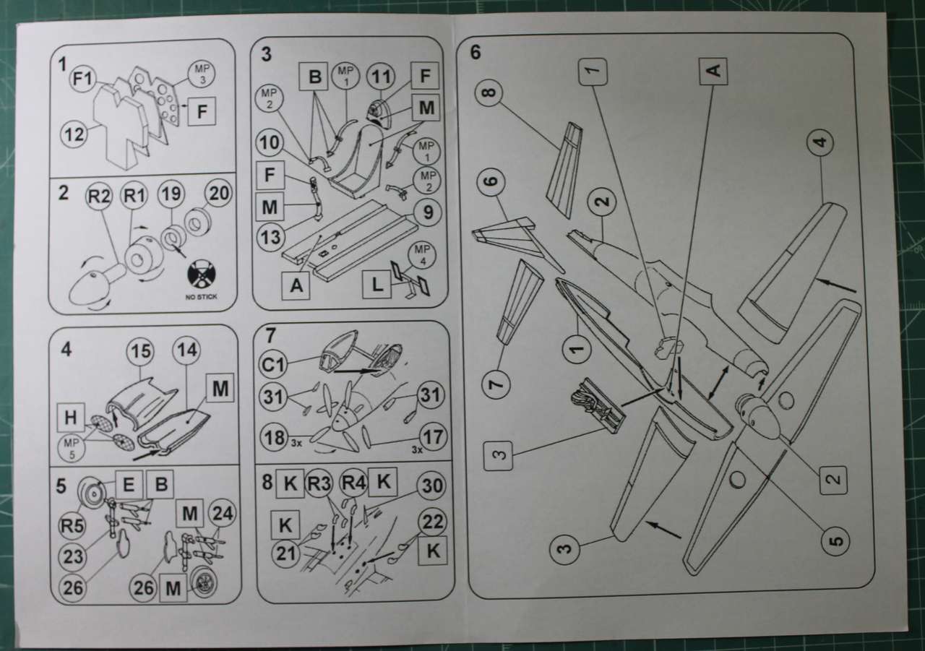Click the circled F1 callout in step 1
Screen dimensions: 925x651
(83, 79)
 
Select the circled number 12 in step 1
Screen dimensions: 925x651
(74, 134)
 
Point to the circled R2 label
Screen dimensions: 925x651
(99, 197)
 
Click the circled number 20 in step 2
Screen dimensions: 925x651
(219, 193)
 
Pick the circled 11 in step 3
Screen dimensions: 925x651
(381, 77)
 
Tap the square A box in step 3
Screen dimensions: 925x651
(296, 285)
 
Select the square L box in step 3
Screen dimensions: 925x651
(377, 285)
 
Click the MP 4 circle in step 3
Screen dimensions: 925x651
(422, 256)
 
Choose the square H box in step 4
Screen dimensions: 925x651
(71, 418)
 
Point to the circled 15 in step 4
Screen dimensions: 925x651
(140, 352)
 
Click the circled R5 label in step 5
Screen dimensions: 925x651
(72, 526)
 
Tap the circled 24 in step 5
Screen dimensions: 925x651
(223, 514)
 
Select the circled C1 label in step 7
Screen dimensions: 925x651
(273, 365)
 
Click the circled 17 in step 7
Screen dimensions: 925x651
(433, 437)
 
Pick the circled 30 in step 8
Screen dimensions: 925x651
(431, 486)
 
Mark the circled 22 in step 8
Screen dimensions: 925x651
(432, 522)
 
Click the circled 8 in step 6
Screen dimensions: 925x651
(489, 92)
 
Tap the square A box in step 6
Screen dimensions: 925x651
(713, 72)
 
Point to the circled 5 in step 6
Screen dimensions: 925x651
(835, 540)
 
